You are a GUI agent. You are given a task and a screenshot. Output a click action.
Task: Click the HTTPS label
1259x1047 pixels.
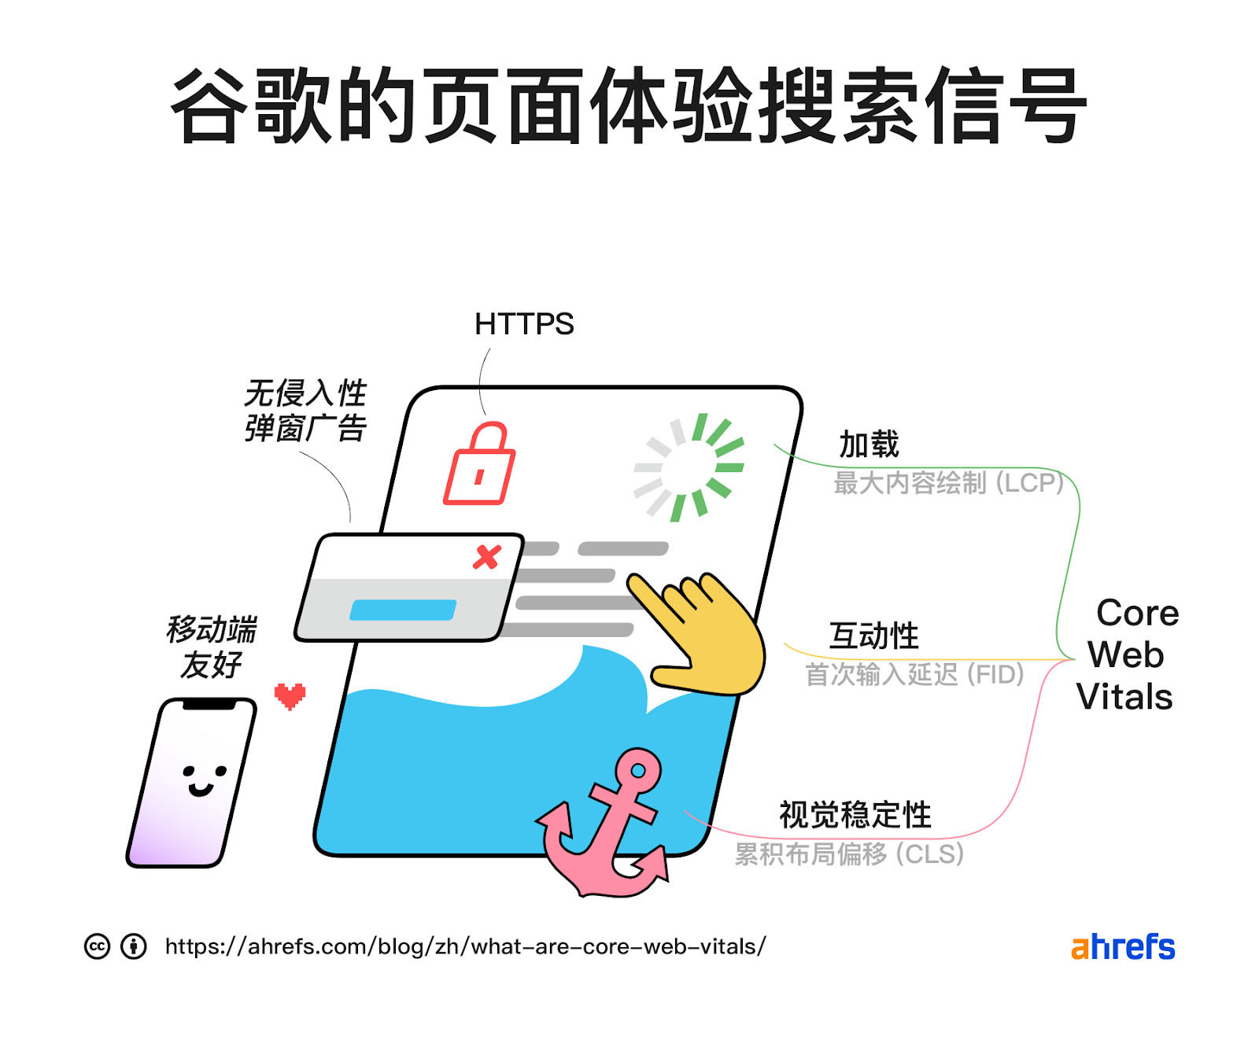pyautogui.click(x=524, y=324)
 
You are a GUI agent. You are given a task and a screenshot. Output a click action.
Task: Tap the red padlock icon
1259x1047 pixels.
pyautogui.click(x=480, y=466)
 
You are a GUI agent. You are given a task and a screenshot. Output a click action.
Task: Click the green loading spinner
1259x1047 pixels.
pyautogui.click(x=689, y=467)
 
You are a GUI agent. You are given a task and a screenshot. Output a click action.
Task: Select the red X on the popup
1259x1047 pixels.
pyautogui.click(x=487, y=557)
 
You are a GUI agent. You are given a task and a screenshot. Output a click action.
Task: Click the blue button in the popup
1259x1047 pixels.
pyautogui.click(x=403, y=610)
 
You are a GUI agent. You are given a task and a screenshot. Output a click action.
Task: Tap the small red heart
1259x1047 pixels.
pyautogui.click(x=290, y=696)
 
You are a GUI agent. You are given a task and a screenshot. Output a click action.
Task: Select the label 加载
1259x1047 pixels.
pyautogui.click(x=869, y=444)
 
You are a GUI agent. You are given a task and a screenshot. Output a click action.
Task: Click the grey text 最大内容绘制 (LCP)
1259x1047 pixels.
pyautogui.click(x=949, y=482)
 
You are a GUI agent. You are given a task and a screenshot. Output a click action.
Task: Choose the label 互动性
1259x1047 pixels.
pyautogui.click(x=874, y=636)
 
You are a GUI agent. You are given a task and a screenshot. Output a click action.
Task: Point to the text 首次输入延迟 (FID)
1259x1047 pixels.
pyautogui.click(x=914, y=674)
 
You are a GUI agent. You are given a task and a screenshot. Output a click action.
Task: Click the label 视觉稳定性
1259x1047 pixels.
pyautogui.click(x=855, y=815)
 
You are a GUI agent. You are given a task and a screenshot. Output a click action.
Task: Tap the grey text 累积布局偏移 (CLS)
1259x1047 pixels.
pyautogui.click(x=850, y=853)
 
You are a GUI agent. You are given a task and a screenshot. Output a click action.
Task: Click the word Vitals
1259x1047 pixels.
pyautogui.click(x=1124, y=697)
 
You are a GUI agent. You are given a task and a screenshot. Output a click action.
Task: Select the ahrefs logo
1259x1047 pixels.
pyautogui.click(x=1123, y=946)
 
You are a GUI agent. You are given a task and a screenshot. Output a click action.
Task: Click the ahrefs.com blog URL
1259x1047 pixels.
pyautogui.click(x=465, y=946)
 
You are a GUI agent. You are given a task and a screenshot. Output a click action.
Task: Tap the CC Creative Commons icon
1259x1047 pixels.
pyautogui.click(x=97, y=946)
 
